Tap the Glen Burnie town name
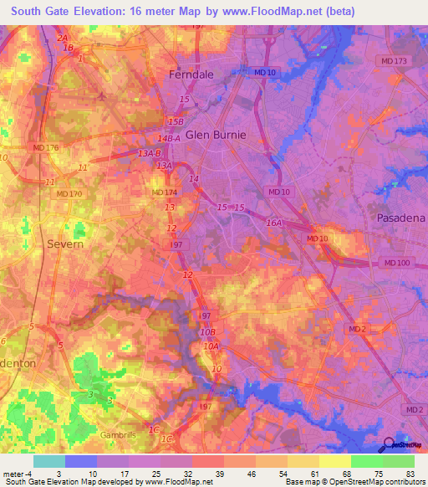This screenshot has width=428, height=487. pos(216,134)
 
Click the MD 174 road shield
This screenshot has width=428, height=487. pos(164,192)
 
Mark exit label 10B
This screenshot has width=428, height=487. pos(207,332)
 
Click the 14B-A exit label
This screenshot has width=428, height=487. pos(168,139)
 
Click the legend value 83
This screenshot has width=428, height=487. pos(408,473)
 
